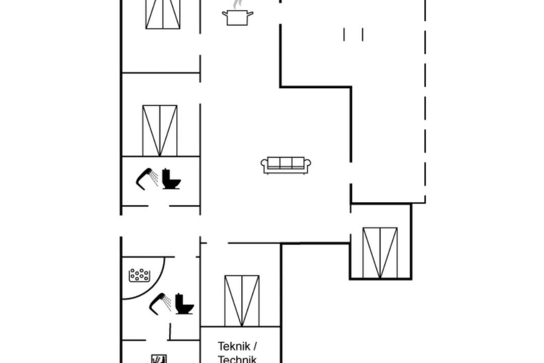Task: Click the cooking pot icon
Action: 238,17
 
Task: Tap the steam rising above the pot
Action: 237,4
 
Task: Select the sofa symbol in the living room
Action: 286,165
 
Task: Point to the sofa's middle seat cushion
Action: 286,162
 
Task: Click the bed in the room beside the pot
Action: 163,14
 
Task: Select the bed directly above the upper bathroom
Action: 160,131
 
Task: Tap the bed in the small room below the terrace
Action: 380,253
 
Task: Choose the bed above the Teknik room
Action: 242,301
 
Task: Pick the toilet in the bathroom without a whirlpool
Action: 171,178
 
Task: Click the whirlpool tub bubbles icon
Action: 140,275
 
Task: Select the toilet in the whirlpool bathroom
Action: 184,304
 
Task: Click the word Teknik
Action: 234,346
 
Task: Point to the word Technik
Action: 237,359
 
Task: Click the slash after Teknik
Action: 255,346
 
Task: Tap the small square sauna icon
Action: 159,359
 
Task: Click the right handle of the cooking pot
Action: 250,14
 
